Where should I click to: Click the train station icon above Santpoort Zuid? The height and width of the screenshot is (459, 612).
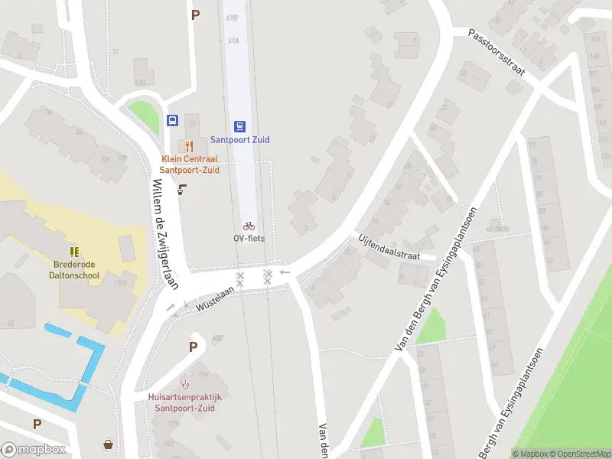click(x=240, y=126)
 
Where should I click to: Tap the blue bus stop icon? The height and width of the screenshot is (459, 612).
click(x=173, y=121)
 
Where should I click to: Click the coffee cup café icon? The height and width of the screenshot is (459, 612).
click(x=182, y=189)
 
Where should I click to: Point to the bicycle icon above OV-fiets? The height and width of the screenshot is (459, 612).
click(x=249, y=226)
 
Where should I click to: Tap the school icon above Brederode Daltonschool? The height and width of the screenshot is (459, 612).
click(x=74, y=251)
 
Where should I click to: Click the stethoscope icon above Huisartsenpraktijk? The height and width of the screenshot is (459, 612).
click(x=184, y=384)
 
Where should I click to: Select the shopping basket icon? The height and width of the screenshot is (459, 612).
click(x=109, y=444)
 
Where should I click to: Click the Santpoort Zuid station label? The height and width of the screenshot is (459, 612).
click(x=240, y=140)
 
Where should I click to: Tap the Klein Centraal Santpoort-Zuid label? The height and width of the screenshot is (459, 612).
click(x=190, y=164)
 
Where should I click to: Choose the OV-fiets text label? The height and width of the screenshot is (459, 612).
click(x=249, y=237)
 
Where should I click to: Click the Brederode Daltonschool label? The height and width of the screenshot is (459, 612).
click(x=74, y=269)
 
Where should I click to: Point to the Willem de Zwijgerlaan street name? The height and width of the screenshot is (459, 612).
click(x=165, y=234)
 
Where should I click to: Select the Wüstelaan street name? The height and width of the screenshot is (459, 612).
click(x=214, y=297)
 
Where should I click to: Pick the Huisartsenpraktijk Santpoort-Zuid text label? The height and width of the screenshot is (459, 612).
click(x=184, y=402)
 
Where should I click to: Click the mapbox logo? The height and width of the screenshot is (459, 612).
click(x=34, y=450)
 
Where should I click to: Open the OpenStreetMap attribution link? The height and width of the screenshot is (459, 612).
click(x=580, y=454)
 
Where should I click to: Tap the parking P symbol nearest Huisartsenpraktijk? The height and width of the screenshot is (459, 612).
click(x=194, y=347)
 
